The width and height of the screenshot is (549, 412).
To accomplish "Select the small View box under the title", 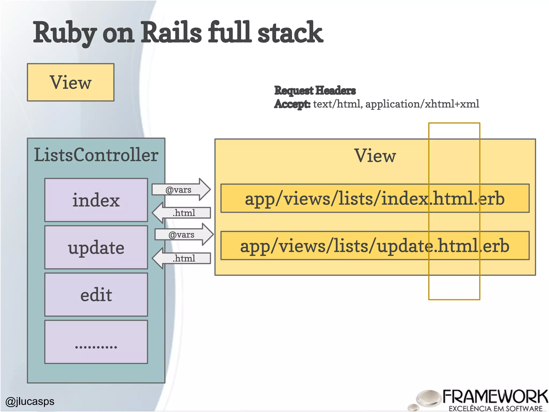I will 71,82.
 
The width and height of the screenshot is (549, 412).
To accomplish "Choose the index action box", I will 96,200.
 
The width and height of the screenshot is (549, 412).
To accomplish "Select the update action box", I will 96,247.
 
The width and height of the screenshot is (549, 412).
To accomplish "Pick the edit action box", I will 96,295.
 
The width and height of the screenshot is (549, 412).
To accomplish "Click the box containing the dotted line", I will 96,342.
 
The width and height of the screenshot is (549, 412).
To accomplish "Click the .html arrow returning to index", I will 182,213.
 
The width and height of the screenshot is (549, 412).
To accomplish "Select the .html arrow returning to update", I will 182,258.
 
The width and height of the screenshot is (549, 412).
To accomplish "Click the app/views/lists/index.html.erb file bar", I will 375,198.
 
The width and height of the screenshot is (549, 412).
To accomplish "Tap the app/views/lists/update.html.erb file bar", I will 375,246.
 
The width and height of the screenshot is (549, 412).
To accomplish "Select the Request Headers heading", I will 315,90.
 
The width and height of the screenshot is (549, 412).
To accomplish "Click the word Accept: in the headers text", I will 292,104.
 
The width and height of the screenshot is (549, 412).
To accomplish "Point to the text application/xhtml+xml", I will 422,104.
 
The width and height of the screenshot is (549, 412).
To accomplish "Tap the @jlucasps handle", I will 30,401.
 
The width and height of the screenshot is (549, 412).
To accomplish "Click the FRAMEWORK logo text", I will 495,397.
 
